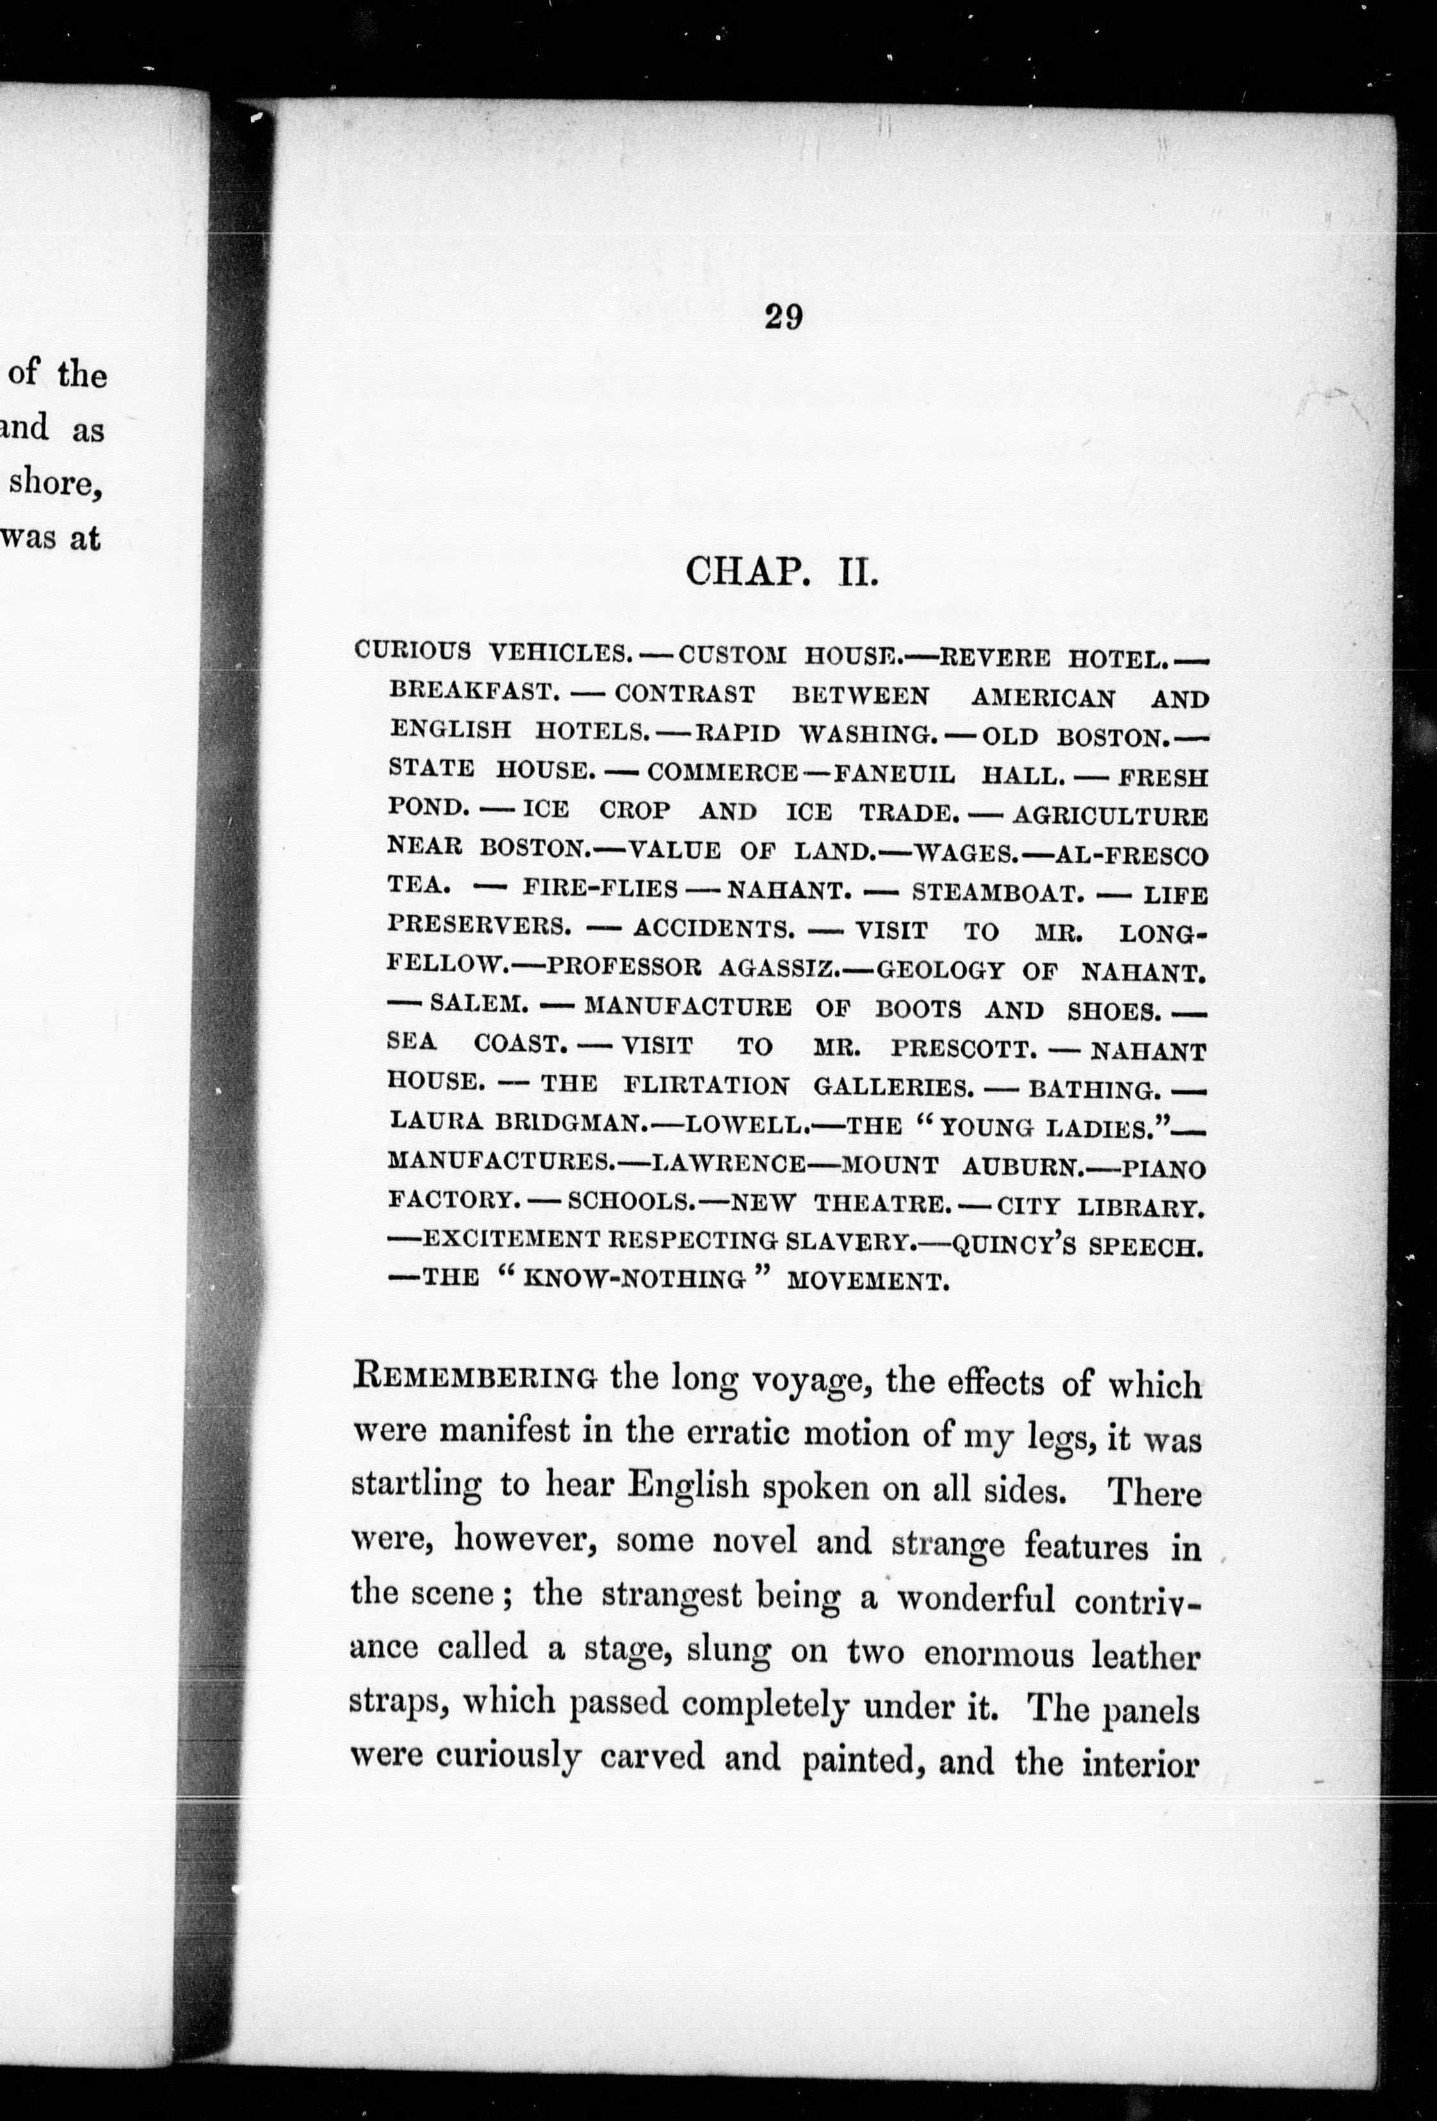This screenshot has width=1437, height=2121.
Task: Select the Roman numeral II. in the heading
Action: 857,573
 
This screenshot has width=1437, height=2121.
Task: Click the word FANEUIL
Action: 894,775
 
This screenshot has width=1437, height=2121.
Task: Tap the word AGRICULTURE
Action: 1110,815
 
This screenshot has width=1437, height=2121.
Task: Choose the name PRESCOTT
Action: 964,1048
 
